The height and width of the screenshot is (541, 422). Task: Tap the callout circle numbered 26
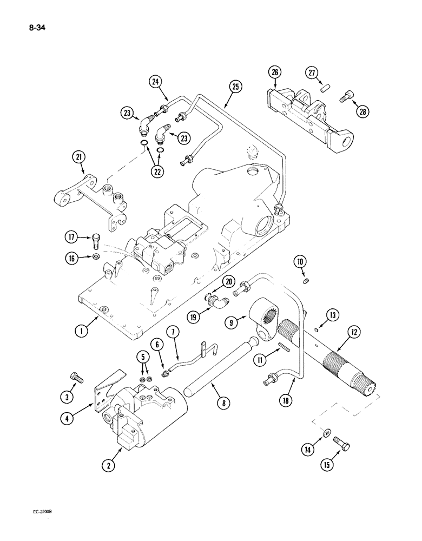tap(275, 72)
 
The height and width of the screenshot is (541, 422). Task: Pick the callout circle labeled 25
tap(235, 86)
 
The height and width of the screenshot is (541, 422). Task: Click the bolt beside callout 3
tap(76, 378)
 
